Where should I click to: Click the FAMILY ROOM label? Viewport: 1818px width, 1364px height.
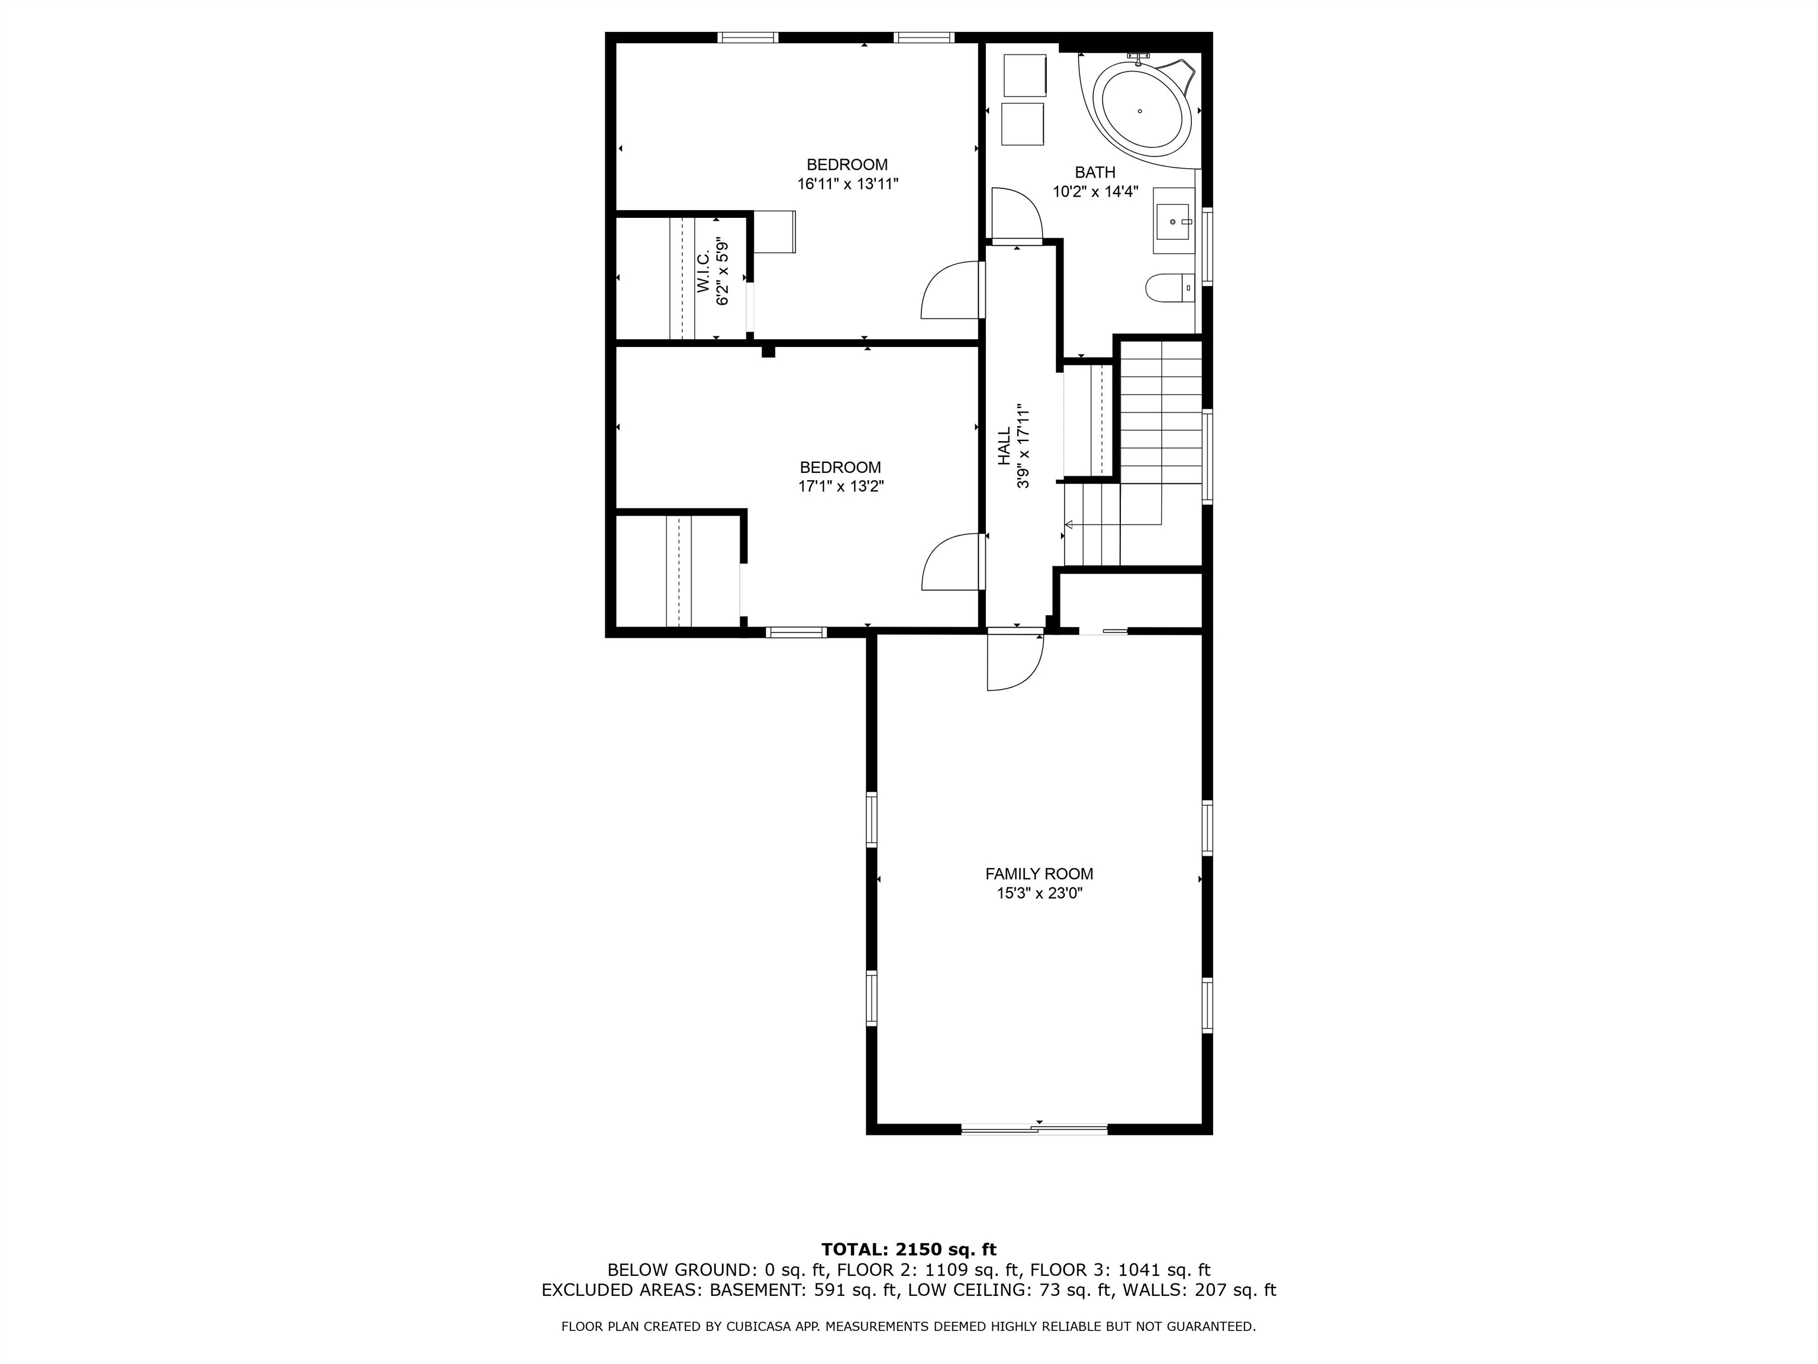tap(1039, 874)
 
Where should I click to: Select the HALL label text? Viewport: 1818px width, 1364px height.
tap(1004, 446)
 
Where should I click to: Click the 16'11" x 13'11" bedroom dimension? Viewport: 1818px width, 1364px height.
tap(847, 184)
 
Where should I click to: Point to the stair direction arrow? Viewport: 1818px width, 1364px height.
tap(1068, 525)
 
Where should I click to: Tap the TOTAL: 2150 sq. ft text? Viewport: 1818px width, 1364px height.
tap(908, 1250)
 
